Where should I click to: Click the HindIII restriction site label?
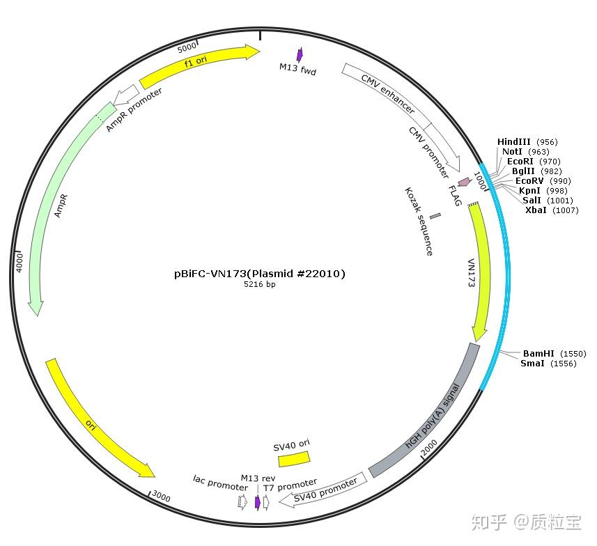click(513, 142)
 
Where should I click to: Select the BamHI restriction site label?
click(538, 354)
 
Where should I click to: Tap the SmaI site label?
click(534, 364)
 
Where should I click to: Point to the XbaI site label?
click(536, 210)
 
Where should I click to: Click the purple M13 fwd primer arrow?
click(300, 55)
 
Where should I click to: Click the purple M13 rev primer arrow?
click(258, 502)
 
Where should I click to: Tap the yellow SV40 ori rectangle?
click(293, 458)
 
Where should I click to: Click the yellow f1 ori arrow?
click(199, 65)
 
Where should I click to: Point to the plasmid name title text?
click(259, 274)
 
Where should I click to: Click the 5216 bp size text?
click(259, 285)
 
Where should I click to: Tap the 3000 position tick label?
click(161, 497)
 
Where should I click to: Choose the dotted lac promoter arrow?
click(242, 502)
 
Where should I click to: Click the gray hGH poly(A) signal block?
click(427, 411)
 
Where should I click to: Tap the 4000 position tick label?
click(20, 263)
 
